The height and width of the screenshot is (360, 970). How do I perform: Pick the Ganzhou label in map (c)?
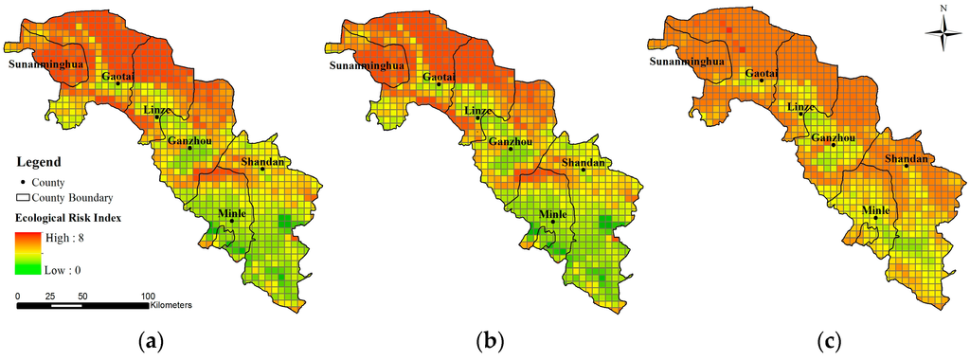(834, 138)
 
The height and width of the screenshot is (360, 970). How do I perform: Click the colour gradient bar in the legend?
(27, 255)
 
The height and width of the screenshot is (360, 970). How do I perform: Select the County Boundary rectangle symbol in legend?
(23, 198)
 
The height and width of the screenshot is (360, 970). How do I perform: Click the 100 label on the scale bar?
(148, 297)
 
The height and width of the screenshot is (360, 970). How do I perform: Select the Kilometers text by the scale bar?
(172, 305)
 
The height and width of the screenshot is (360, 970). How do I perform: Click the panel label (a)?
(147, 340)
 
